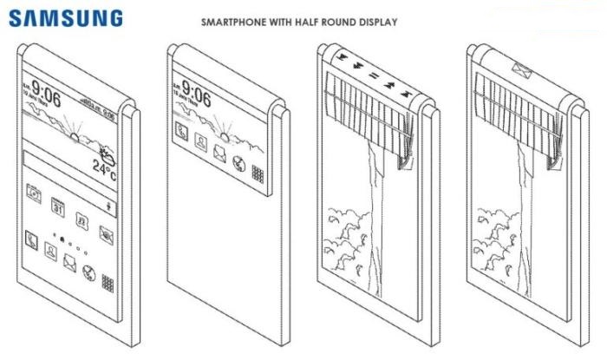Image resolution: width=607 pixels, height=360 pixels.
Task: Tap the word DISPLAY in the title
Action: [x=380, y=23]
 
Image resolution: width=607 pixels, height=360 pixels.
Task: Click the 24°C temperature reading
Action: [x=104, y=167]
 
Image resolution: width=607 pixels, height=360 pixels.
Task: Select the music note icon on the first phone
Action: [x=81, y=219]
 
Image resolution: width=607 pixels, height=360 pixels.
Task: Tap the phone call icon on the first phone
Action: [x=32, y=236]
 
